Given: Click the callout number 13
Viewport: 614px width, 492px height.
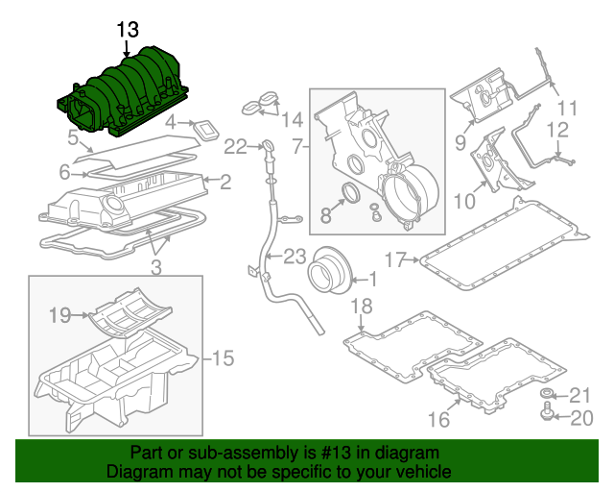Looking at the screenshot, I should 128,30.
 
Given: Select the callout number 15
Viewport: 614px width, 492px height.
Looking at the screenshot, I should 222,358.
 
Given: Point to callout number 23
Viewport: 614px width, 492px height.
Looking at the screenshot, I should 294,256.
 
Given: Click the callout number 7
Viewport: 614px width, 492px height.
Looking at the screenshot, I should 297,146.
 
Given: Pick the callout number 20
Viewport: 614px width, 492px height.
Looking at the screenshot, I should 582,418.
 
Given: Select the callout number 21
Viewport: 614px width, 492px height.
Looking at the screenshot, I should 582,395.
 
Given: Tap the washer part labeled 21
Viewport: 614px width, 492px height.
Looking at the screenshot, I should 547,395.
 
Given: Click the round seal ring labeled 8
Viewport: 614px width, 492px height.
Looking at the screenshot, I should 351,195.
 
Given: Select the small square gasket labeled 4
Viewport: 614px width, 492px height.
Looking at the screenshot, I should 204,126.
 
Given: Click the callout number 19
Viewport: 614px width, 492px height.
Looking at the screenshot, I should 60,313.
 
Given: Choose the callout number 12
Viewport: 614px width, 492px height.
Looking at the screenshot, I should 557,129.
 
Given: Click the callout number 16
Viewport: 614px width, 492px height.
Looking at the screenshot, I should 437,420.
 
